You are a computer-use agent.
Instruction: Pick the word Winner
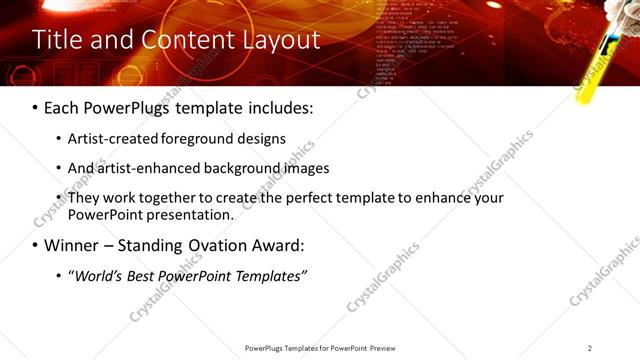[73, 245]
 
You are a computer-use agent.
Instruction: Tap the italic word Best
[146, 275]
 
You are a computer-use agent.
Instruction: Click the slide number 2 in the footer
[590, 348]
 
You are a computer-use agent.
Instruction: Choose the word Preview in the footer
[388, 348]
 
